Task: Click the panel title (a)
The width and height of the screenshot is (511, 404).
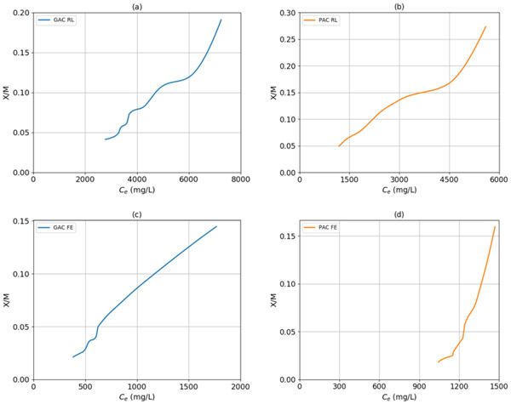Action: (135, 7)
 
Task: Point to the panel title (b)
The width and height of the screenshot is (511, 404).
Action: (399, 7)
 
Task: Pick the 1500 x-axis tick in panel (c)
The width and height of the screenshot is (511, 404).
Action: (187, 387)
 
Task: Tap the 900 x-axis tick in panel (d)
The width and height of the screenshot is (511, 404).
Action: (418, 387)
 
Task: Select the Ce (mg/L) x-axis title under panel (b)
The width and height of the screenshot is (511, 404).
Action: (399, 191)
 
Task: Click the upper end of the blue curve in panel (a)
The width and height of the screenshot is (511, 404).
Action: (221, 20)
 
